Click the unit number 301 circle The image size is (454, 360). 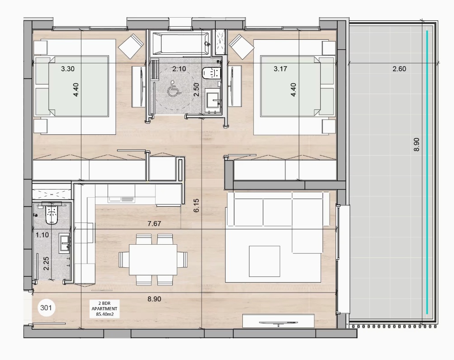46,308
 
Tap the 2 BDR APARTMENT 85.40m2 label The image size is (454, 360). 104,309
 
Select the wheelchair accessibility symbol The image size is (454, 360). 174,88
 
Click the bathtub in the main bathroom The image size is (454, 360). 181,43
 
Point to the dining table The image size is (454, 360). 153,260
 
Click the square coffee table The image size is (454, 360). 265,261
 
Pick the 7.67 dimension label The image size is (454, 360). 154,223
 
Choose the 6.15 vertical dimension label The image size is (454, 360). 196,205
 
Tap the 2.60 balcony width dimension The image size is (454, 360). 399,69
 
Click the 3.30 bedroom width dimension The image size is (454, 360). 68,69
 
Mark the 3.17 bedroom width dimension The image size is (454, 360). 280,69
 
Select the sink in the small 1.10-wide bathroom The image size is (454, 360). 65,243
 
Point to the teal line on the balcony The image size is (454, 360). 427,172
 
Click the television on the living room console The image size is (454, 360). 278,322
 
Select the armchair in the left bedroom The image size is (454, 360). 131,46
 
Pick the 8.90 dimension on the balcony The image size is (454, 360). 416,145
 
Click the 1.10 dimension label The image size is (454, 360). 42,235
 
